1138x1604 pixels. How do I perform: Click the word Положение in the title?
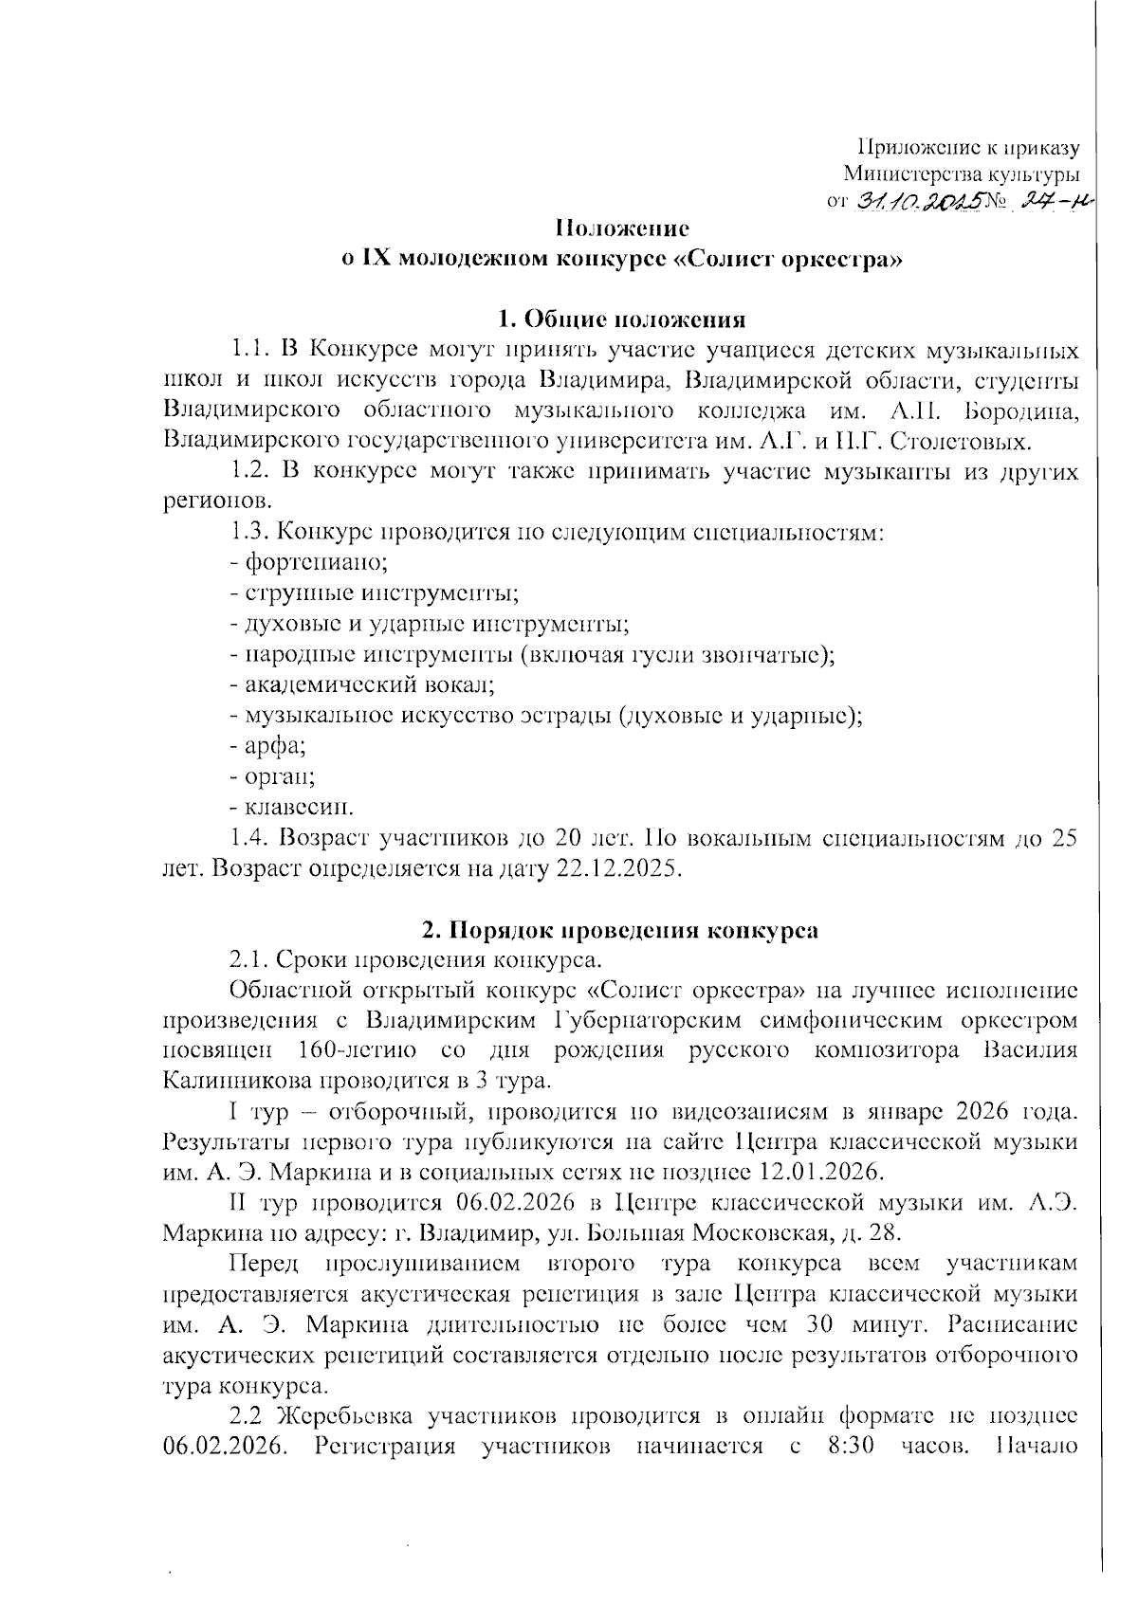(x=621, y=228)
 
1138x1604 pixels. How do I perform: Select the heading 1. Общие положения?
(x=622, y=319)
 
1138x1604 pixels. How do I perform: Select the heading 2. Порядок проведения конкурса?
(x=620, y=930)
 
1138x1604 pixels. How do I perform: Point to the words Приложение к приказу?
(x=968, y=148)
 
